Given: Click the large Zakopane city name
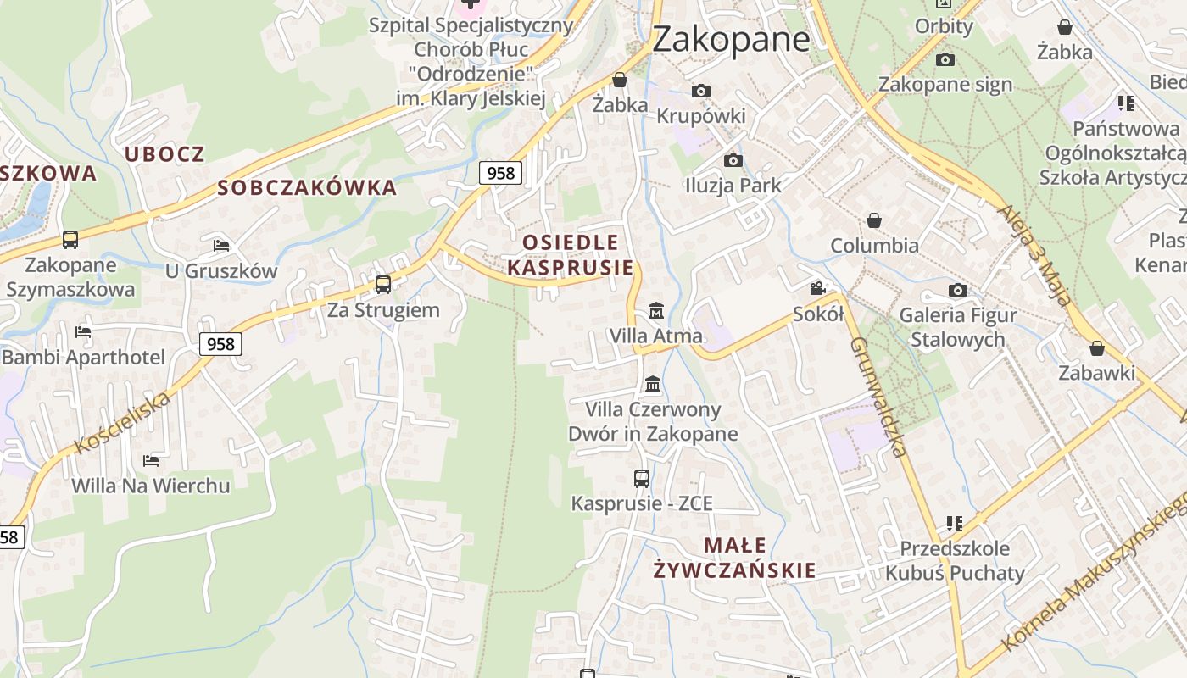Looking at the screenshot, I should tap(731, 39).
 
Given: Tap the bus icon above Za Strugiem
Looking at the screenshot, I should tap(383, 284).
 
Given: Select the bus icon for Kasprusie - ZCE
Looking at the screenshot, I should tap(642, 478).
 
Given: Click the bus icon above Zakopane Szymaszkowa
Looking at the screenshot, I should tap(70, 240).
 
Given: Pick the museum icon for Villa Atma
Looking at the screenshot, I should tap(655, 311).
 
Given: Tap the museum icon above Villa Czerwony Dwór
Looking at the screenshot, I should tap(653, 385).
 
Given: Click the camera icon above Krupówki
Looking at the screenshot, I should tap(701, 91).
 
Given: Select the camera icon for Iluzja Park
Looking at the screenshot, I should tap(733, 160).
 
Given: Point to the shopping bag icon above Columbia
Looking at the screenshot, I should tap(874, 221).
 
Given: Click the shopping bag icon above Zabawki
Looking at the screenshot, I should tap(1097, 348).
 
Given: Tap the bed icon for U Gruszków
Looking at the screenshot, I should tap(221, 246).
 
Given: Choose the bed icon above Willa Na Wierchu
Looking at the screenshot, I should tap(151, 461).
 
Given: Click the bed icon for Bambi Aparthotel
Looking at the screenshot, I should tap(83, 332).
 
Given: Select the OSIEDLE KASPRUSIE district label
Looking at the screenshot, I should tap(571, 255).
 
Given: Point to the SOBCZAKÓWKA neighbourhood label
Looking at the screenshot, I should tap(307, 188).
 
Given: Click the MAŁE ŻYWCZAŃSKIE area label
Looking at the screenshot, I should tap(735, 558).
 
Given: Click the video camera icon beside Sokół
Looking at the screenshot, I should tap(817, 289).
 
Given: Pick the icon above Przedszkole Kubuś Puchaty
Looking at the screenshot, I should tap(955, 524).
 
